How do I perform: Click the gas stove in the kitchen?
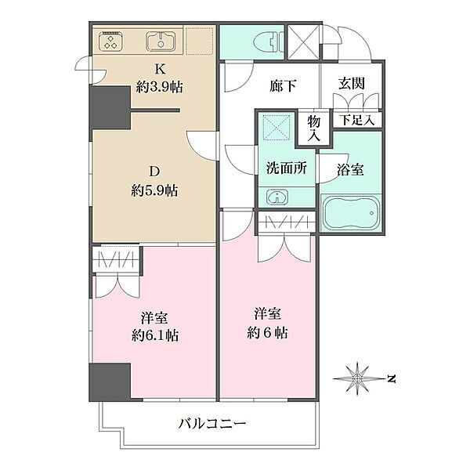click(111, 41)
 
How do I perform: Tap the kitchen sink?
click(161, 41)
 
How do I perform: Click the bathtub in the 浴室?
click(351, 213)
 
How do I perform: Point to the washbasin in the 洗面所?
click(277, 197)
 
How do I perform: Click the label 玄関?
click(352, 83)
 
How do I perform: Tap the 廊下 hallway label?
click(283, 86)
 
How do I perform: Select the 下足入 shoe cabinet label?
click(357, 121)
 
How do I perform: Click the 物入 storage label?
click(314, 128)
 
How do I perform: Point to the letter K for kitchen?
click(160, 69)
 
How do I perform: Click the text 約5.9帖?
click(154, 190)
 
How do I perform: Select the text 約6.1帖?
click(155, 335)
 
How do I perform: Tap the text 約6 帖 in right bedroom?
click(267, 333)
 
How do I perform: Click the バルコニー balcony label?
click(212, 424)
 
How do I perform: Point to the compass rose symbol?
click(357, 379)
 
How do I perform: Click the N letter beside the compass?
click(391, 379)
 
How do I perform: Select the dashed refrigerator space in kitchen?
click(199, 41)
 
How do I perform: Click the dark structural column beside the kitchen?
click(111, 108)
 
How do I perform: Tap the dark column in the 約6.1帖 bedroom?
click(110, 382)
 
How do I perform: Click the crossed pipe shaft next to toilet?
click(303, 42)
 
